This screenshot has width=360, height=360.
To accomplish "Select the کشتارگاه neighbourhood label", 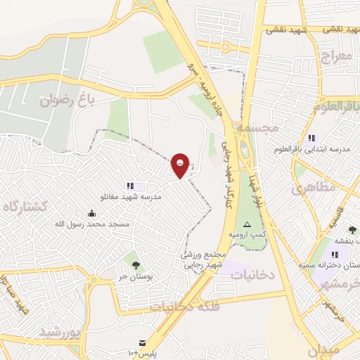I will (x=25, y=206).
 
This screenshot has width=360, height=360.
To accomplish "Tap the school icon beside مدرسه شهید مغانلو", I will (x=130, y=186).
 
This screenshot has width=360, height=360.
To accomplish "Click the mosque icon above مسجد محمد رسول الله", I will (x=91, y=213).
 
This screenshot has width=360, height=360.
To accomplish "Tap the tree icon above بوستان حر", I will (x=135, y=265).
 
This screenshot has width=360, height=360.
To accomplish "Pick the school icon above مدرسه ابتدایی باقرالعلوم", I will (x=311, y=138).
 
